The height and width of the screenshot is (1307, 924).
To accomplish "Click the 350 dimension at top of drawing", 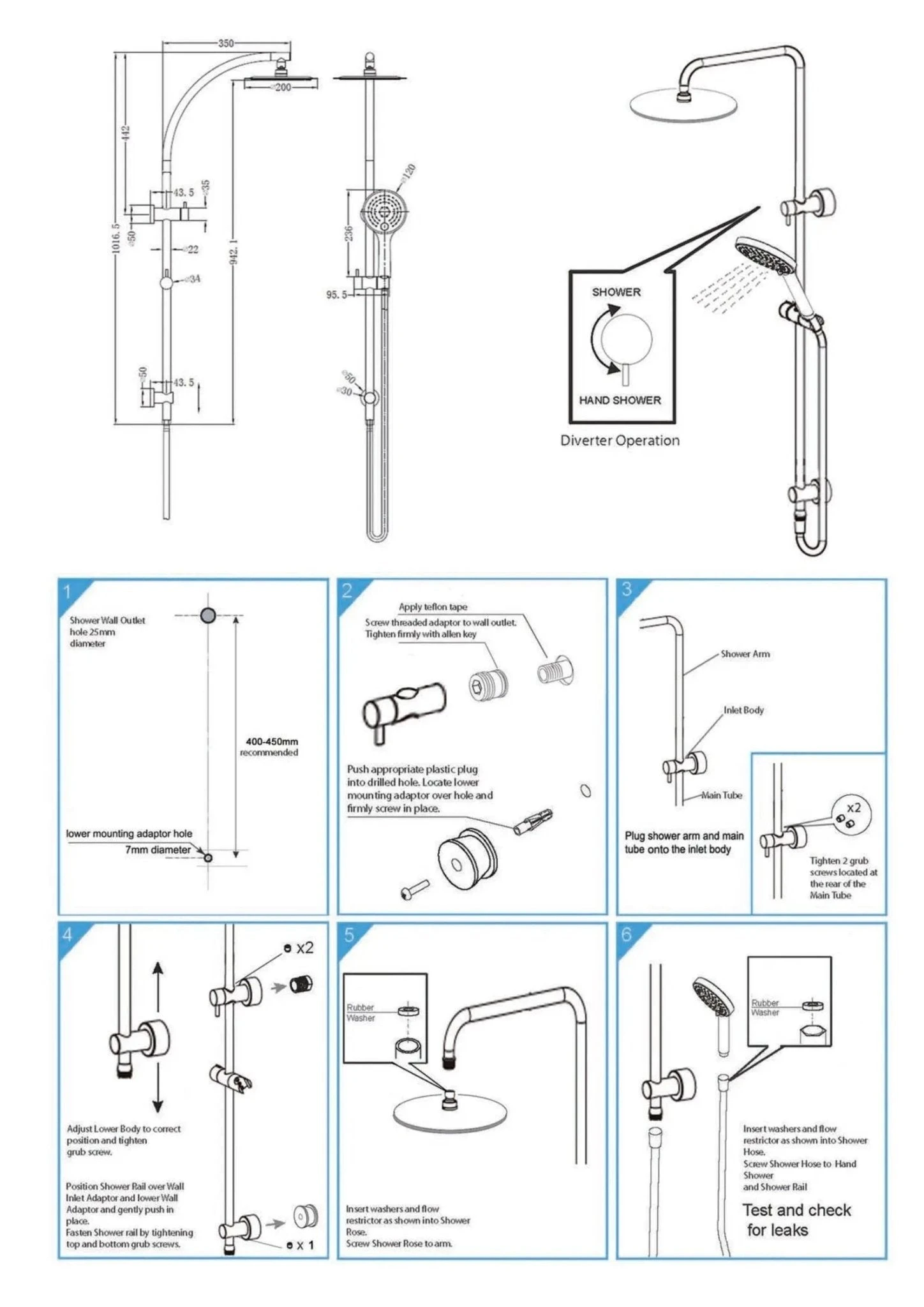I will coord(226,43).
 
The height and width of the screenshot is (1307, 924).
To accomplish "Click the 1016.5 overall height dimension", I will coord(115,238).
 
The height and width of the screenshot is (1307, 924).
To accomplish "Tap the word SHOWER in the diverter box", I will coord(616,292).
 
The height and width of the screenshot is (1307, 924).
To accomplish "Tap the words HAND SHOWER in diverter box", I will coord(620,400).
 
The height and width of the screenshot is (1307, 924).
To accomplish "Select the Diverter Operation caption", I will coord(620,440).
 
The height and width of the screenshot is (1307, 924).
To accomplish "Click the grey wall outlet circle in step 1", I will coord(208,615).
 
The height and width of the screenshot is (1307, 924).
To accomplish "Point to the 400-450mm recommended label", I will coord(270,747).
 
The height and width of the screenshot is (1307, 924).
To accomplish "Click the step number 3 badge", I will coord(627,590).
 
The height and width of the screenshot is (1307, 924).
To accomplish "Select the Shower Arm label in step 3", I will coord(745,653).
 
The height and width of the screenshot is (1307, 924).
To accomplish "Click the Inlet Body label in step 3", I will coord(743,710).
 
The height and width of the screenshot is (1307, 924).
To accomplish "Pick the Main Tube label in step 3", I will coord(722,795).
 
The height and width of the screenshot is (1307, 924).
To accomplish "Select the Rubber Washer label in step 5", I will coord(361,1013).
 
